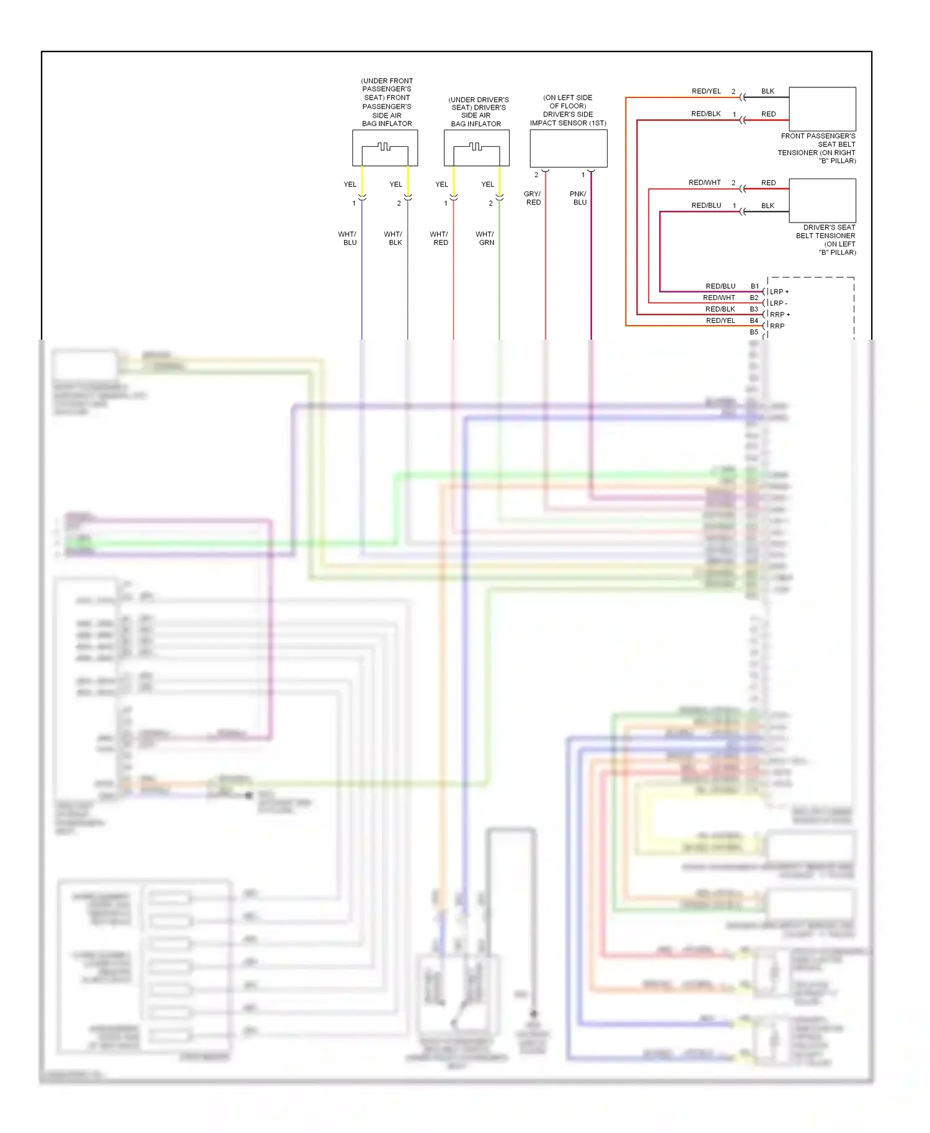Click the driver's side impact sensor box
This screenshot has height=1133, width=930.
568,148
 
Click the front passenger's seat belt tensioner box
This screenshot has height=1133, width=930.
822,108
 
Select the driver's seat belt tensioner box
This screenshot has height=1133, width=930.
822,200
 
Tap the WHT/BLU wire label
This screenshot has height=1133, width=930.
348,239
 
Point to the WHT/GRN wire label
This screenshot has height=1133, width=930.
485,239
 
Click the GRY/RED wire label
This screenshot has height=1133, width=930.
533,198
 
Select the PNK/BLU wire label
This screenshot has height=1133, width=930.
578,198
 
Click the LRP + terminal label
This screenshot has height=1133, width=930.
779,292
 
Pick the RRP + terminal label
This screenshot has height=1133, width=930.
779,315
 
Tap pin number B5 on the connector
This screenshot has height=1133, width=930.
754,332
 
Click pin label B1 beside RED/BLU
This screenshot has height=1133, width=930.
755,286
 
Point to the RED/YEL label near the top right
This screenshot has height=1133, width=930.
706,91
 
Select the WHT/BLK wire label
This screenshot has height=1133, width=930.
394,239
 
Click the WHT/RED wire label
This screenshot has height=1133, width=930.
440,239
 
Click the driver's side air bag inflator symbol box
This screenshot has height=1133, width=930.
476,148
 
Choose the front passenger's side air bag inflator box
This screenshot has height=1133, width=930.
385,148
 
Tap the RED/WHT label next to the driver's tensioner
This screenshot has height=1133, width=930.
704,183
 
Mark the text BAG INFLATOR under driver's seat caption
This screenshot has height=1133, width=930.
476,124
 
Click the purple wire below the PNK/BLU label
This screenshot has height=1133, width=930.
591,273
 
